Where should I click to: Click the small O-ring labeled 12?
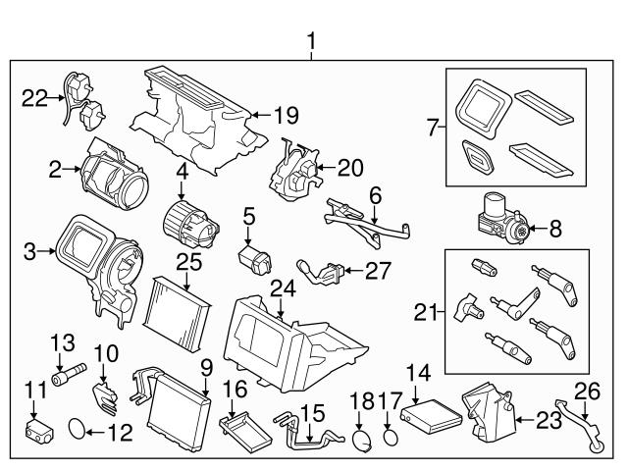click(x=78, y=428)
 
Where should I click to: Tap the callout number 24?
click(x=284, y=288)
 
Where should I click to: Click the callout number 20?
click(x=349, y=168)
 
